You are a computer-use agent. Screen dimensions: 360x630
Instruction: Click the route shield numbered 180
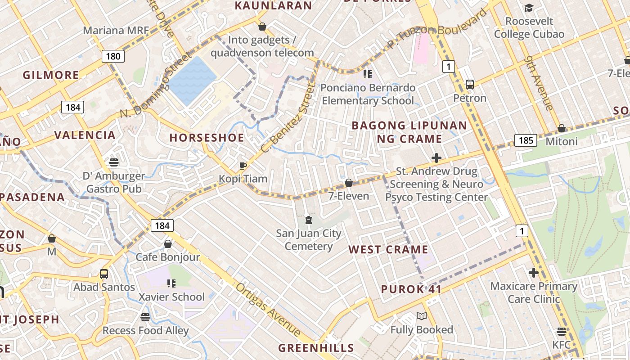[113, 56]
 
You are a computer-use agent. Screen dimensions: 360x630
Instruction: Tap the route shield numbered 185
[526, 140]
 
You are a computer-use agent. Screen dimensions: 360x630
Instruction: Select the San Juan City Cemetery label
[309, 240]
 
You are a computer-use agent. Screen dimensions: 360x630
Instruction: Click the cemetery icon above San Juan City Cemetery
[309, 220]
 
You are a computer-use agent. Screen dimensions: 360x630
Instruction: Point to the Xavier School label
[171, 297]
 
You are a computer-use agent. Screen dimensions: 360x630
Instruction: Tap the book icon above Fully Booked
[421, 316]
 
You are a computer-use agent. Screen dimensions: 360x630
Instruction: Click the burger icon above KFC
[561, 332]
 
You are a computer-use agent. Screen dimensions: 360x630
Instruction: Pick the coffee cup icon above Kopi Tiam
[243, 166]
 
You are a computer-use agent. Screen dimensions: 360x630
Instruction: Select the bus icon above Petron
[470, 84]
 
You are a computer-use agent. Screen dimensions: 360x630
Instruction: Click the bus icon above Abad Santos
[104, 274]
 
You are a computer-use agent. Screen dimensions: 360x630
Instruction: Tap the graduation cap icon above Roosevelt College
[529, 8]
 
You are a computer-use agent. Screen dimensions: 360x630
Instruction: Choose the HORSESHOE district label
[207, 138]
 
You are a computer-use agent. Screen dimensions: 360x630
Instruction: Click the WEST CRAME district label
[388, 250]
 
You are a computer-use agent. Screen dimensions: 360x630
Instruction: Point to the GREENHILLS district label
[316, 348]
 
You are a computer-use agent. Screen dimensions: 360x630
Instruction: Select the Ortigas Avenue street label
[268, 310]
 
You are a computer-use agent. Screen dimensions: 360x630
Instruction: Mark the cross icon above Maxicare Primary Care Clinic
[533, 273]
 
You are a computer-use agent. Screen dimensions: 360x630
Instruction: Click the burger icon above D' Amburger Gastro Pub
[113, 162]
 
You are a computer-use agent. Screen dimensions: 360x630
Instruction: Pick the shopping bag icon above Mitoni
[561, 128]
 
